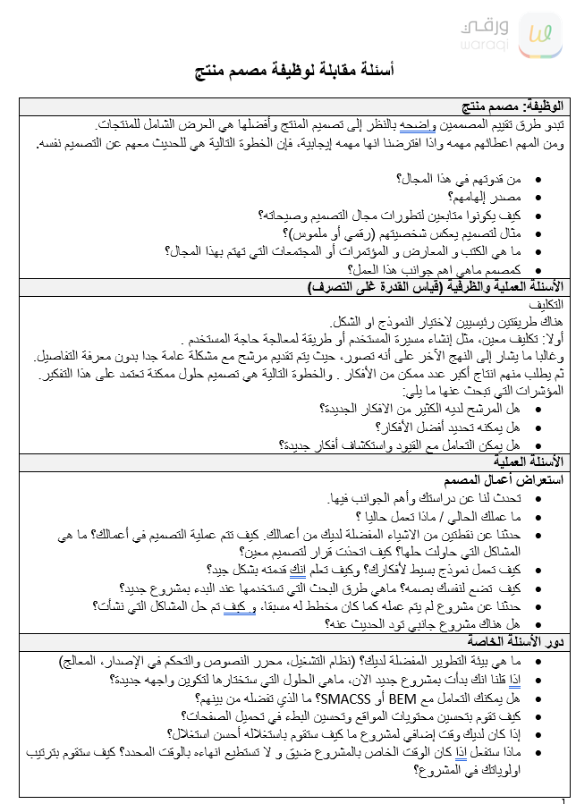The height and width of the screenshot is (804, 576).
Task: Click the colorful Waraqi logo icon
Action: click(x=540, y=34)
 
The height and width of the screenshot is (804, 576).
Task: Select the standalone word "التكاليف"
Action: click(x=543, y=305)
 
